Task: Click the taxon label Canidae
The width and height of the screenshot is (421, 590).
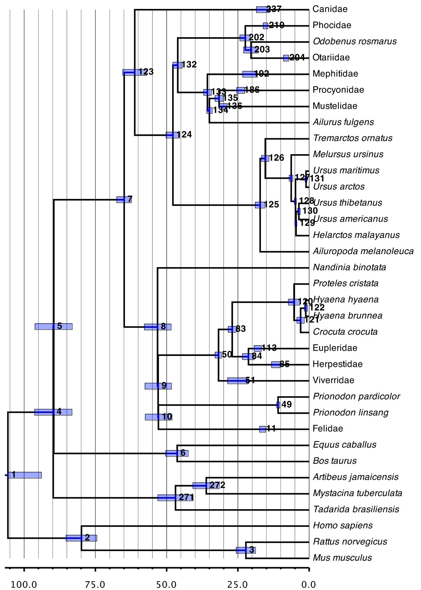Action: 330,9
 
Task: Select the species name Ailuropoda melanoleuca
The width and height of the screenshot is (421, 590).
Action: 363,251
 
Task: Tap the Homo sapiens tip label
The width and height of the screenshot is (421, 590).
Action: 343,525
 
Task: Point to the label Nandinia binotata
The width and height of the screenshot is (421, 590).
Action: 349,267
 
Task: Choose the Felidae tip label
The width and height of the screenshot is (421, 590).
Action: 328,429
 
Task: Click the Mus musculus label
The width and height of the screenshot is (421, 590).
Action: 342,558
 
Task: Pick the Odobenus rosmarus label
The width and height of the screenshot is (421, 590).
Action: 354,41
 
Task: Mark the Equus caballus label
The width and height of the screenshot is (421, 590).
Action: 345,445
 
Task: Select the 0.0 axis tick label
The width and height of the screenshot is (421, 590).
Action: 309,585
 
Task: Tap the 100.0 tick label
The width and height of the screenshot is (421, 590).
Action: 24,585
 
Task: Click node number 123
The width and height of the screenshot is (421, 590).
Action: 146,72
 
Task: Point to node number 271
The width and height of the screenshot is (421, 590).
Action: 186,497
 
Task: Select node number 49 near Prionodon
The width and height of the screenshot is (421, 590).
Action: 286,404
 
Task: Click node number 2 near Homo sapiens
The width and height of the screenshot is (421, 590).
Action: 87,537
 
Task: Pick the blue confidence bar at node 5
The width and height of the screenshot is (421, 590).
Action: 53,326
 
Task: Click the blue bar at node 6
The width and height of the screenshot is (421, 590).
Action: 177,453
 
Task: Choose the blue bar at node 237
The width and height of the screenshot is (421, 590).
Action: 262,10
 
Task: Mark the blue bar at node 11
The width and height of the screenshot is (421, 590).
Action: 262,429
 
